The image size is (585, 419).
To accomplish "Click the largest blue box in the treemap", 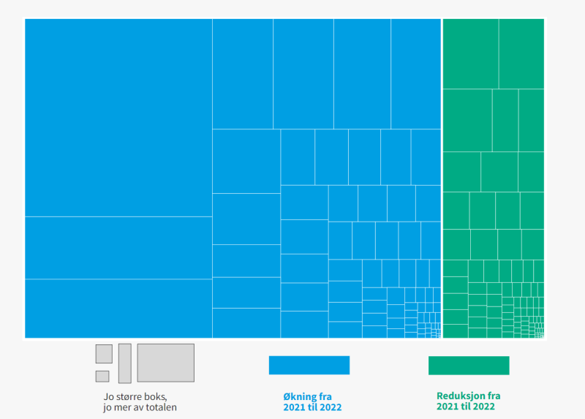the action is [118, 118].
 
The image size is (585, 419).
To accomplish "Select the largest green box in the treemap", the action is [470, 53].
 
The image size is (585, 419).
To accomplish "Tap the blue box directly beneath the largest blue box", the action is [118, 248].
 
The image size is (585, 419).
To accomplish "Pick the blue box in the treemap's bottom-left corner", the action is [118, 309].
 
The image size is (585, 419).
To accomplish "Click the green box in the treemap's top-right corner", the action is [521, 53].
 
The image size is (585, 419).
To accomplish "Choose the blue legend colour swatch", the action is [309, 365].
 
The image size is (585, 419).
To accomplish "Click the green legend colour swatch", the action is [469, 366].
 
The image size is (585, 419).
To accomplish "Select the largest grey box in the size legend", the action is [166, 363].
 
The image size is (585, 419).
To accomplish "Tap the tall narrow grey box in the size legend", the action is [125, 363].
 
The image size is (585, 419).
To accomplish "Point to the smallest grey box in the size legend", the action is [102, 376].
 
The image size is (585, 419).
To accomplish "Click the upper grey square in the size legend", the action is [104, 354].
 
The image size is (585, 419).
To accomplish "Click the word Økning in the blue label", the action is [299, 396].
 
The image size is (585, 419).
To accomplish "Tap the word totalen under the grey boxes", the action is [161, 407].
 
